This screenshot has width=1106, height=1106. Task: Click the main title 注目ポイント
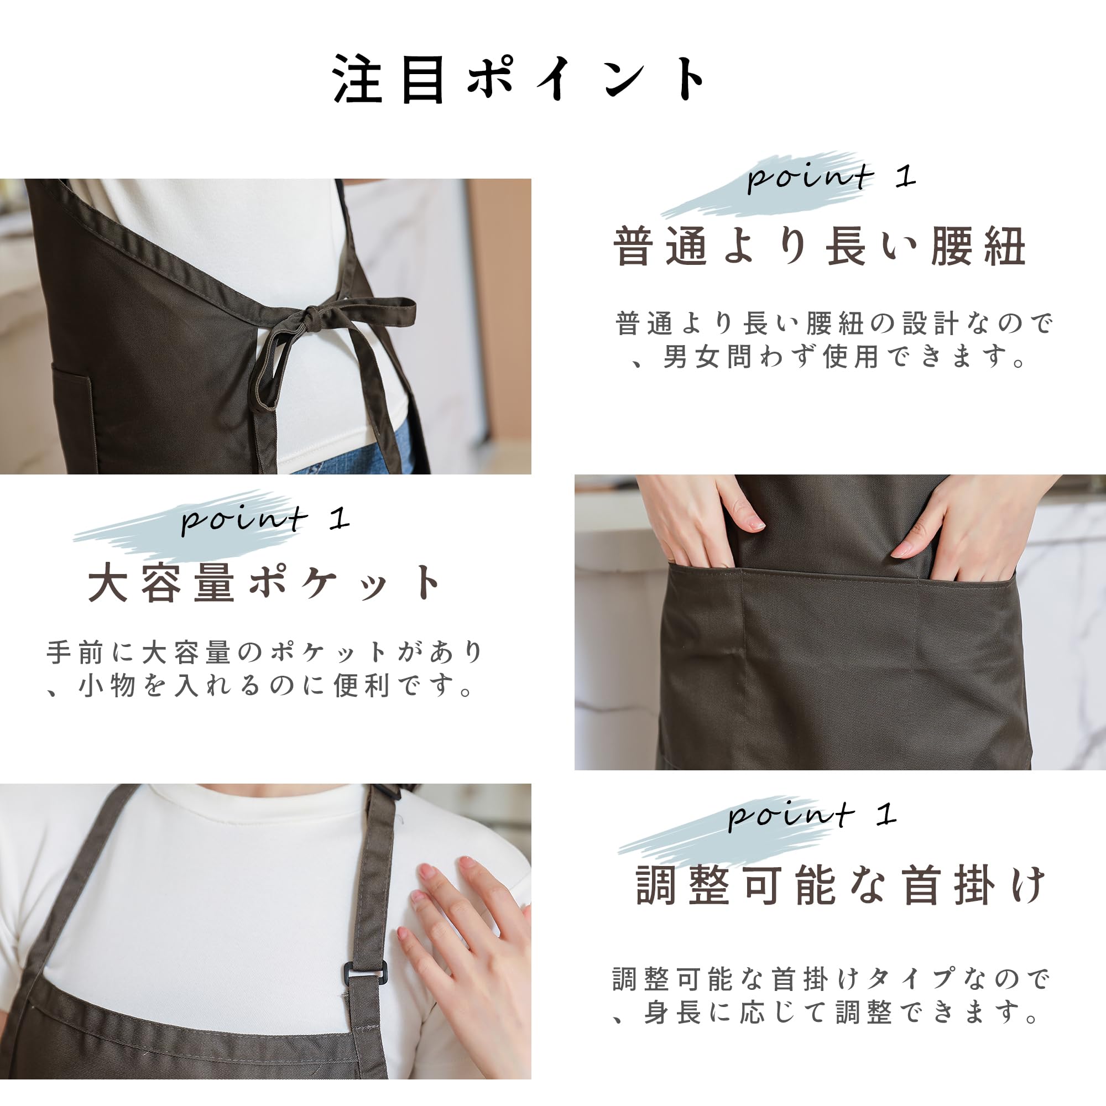518,79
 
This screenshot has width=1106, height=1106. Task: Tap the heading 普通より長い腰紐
819,247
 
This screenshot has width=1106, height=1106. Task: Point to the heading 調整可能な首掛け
841,885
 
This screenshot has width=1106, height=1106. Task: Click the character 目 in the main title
423,80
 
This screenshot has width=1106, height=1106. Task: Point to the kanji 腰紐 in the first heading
978,247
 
